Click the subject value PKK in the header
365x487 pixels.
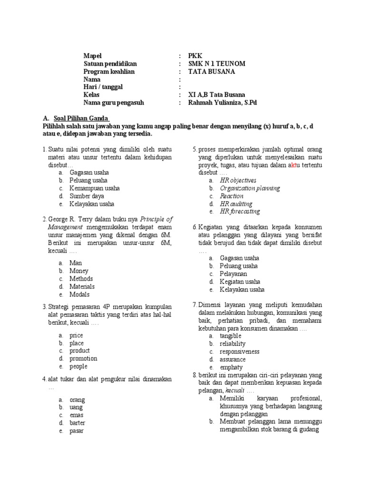[x=195, y=56]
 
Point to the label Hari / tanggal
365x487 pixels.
[x=103, y=87]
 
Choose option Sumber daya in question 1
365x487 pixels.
[x=86, y=196]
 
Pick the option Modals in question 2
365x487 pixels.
[x=79, y=294]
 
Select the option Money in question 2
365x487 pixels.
[x=79, y=271]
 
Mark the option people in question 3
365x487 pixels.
[x=78, y=367]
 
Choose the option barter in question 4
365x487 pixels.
[x=77, y=423]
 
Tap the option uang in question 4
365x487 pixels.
[x=76, y=407]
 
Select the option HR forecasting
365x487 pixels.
[x=240, y=212]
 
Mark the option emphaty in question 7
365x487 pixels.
[x=231, y=368]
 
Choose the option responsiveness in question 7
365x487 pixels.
[x=240, y=351]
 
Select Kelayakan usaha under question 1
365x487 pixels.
[x=92, y=204]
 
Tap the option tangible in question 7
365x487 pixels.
[x=231, y=336]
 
